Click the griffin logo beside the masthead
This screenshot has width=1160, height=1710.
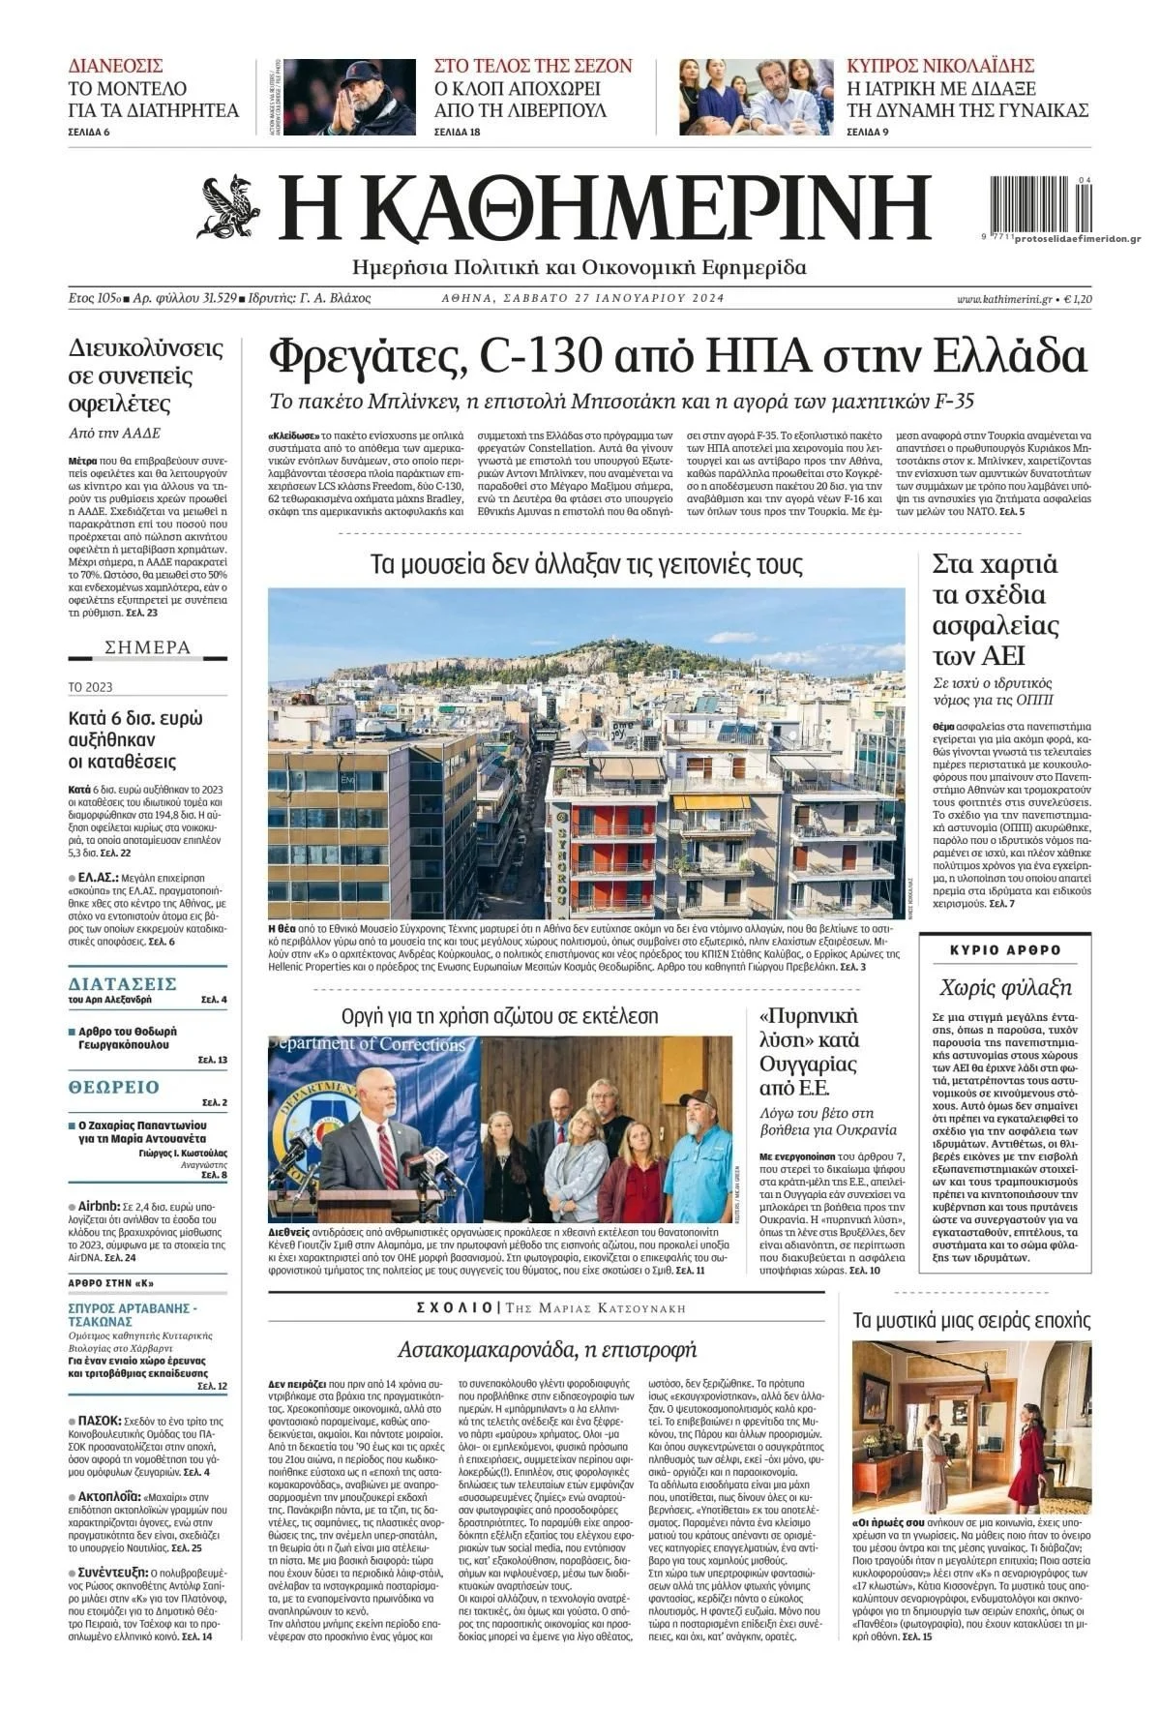pyautogui.click(x=231, y=207)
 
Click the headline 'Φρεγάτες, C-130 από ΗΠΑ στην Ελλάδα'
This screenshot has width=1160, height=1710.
pyautogui.click(x=676, y=358)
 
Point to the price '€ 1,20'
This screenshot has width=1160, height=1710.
pyautogui.click(x=1078, y=299)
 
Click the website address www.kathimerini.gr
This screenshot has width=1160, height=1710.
pyautogui.click(x=1004, y=299)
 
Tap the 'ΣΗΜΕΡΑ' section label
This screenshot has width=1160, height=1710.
pyautogui.click(x=148, y=647)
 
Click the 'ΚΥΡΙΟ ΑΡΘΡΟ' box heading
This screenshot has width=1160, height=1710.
pyautogui.click(x=1006, y=950)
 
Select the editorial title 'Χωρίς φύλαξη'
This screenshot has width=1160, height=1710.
pyautogui.click(x=1006, y=987)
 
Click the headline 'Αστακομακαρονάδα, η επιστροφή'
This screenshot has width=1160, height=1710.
pyautogui.click(x=548, y=1349)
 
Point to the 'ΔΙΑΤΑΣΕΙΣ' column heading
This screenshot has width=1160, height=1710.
pyautogui.click(x=122, y=983)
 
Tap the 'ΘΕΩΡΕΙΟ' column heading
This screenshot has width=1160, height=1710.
pyautogui.click(x=114, y=1087)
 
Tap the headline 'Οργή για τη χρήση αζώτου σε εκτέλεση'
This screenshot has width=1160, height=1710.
pyautogui.click(x=499, y=1016)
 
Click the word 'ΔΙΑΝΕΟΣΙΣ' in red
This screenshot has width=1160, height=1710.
pyautogui.click(x=115, y=66)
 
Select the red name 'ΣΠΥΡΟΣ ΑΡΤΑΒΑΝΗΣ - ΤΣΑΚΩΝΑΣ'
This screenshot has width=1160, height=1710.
pyautogui.click(x=133, y=1314)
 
